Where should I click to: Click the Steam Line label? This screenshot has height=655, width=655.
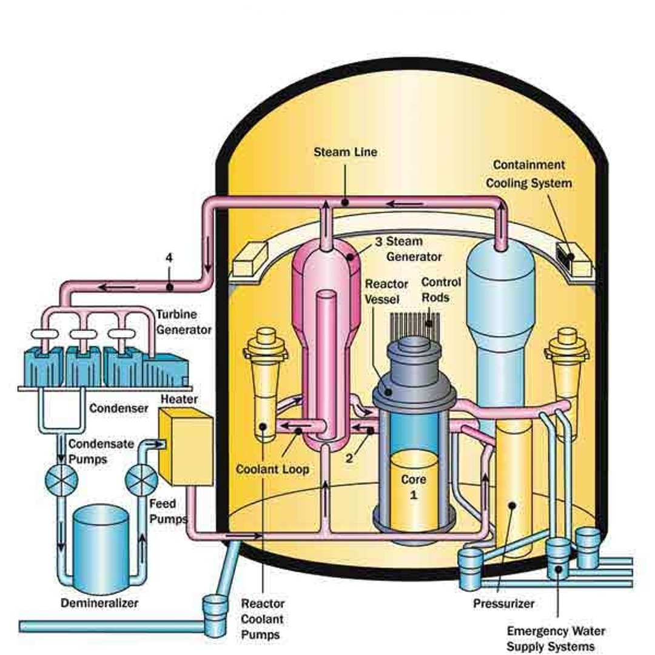click(345, 152)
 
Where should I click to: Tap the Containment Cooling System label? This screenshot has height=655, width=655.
click(529, 173)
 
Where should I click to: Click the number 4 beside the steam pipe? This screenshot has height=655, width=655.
click(169, 258)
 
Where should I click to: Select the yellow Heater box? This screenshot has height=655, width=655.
click(185, 446)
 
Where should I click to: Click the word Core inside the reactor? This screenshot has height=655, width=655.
click(414, 479)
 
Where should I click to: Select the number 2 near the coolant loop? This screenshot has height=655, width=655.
click(349, 458)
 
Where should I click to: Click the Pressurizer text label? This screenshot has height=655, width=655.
click(504, 603)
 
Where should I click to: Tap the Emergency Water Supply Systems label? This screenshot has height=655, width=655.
click(556, 639)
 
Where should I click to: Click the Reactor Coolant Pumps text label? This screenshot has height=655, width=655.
click(263, 619)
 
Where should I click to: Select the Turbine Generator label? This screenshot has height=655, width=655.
click(184, 322)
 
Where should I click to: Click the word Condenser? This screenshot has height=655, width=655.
click(119, 408)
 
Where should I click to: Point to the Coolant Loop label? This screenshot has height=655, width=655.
click(272, 469)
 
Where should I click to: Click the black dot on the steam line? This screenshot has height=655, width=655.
click(344, 203)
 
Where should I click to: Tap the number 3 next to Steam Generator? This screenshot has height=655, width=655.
click(378, 241)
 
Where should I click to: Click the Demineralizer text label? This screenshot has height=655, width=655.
click(99, 603)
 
